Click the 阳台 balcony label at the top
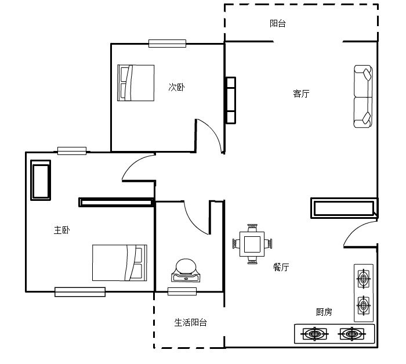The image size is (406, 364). point(278,24)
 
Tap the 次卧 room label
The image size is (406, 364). point(176,87)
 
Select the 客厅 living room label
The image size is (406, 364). point(301,93)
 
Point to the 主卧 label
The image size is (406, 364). point(61,230)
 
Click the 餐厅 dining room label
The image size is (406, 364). point(281,267)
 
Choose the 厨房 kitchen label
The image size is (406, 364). point(324,312)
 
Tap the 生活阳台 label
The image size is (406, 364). point(191,323)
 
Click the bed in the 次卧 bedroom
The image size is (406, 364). point(136,82)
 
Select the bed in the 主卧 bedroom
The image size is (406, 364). point(119,262)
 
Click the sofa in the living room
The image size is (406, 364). point(363,96)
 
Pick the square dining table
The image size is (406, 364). point(252,244)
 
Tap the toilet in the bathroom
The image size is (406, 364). point(186,270)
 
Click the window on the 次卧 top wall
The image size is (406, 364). point(167,44)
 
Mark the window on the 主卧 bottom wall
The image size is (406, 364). point(80,292)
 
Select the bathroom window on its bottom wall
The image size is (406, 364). point(182,291)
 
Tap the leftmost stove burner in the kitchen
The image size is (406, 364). point(314,334)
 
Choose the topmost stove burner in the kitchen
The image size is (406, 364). point(364,279)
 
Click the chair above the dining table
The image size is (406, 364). point(252,228)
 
